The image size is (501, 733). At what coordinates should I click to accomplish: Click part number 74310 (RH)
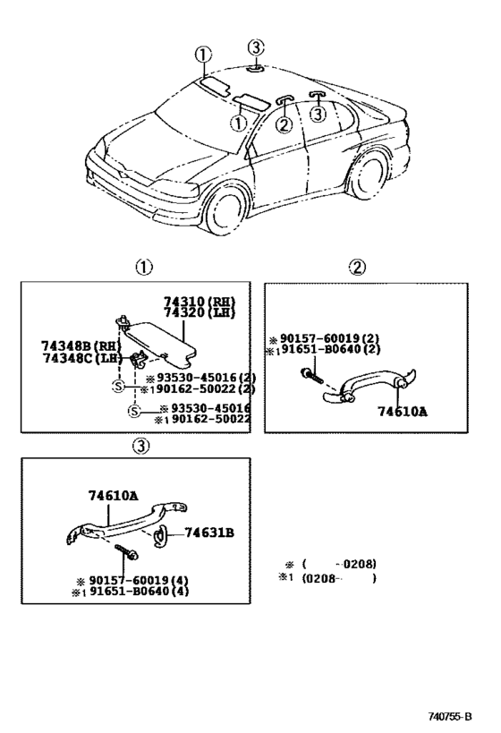coord(200,302)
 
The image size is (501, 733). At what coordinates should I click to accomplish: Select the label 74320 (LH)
coord(200,312)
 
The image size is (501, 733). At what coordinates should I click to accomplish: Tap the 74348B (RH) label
coord(81,346)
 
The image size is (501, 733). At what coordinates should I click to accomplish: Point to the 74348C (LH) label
coord(81,358)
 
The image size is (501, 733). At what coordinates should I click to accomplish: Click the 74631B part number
coord(209,533)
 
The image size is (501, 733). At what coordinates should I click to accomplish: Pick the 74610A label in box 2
coord(403,412)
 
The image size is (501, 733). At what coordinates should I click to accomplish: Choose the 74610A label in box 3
coord(114,496)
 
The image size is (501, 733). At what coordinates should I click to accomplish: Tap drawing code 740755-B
coord(450,717)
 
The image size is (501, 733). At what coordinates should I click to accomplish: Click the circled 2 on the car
coord(284,124)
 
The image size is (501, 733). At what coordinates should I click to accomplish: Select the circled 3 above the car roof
coord(256,47)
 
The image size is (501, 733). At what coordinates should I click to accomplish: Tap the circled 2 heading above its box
coord(357,268)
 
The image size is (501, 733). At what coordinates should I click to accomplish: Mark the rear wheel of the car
coord(369,174)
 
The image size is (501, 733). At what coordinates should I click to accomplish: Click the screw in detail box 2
coord(311,375)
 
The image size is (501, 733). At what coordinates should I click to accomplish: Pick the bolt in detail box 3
coord(127,550)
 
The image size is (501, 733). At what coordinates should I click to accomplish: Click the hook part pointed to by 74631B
coord(159,535)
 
